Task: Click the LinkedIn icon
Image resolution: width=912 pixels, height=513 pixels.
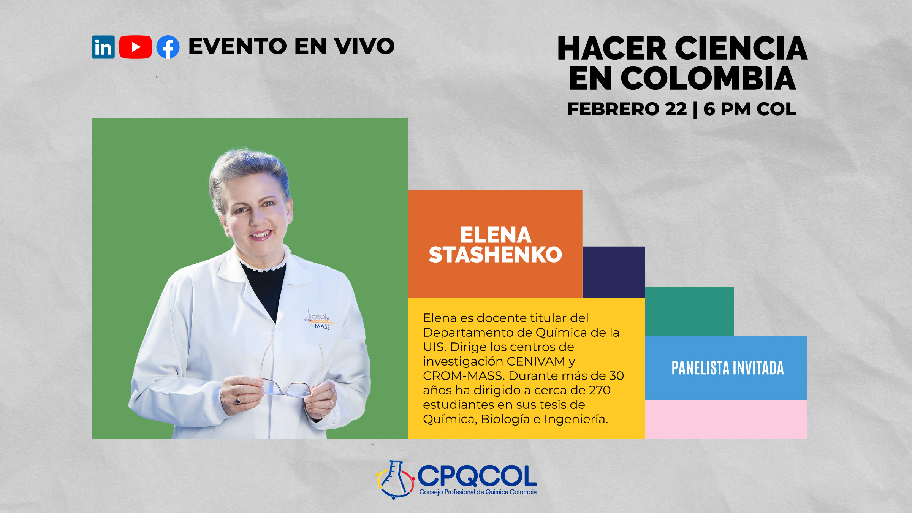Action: point(103,47)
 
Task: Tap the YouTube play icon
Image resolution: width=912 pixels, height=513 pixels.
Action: point(135,47)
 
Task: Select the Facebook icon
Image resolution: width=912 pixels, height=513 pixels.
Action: point(168,47)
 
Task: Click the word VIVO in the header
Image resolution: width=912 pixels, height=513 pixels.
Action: point(364,46)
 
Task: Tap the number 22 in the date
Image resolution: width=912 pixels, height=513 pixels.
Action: point(676,109)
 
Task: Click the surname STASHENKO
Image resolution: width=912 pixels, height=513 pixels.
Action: point(495,255)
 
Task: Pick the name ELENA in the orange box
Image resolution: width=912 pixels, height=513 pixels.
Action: point(496,235)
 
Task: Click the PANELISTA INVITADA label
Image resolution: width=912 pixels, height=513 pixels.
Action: point(727,368)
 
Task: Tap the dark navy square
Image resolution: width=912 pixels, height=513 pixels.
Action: point(614,272)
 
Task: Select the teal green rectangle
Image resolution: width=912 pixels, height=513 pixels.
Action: point(689,312)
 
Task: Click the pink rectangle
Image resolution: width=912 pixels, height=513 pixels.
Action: point(726,419)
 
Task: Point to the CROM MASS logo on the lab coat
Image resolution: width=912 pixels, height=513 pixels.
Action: point(320,320)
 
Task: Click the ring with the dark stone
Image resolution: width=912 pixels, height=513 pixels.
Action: point(237,400)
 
